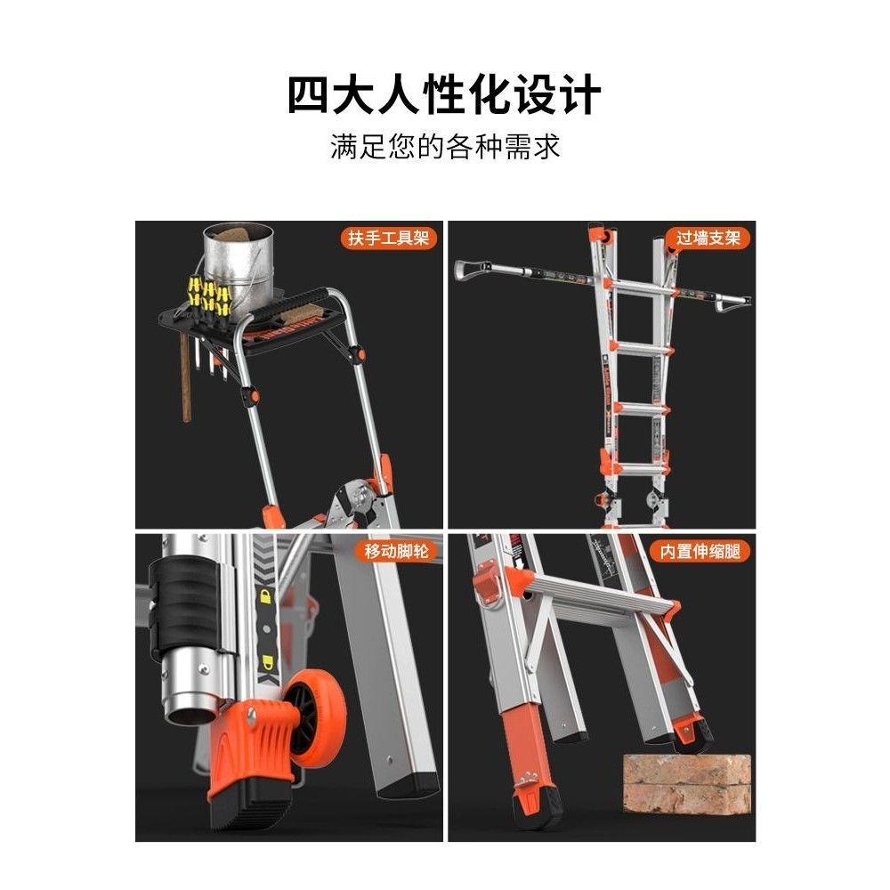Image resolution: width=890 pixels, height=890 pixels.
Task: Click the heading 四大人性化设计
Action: tap(444, 94)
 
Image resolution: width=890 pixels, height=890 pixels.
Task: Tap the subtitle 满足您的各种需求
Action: tap(445, 147)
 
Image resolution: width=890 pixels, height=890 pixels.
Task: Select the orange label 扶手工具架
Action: tap(388, 238)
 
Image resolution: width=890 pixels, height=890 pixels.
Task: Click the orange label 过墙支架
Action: tap(708, 238)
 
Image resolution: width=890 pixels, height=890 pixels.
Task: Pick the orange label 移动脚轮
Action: tap(396, 551)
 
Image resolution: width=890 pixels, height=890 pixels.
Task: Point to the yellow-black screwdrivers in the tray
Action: tap(209, 298)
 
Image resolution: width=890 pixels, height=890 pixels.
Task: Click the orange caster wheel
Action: tap(314, 718)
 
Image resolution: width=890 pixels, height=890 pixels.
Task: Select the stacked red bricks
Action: tap(686, 784)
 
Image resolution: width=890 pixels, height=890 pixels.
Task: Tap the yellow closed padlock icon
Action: tap(265, 596)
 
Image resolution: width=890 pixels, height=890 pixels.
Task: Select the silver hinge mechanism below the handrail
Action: tap(355, 500)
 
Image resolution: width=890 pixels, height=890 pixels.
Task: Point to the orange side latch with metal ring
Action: tap(488, 585)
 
